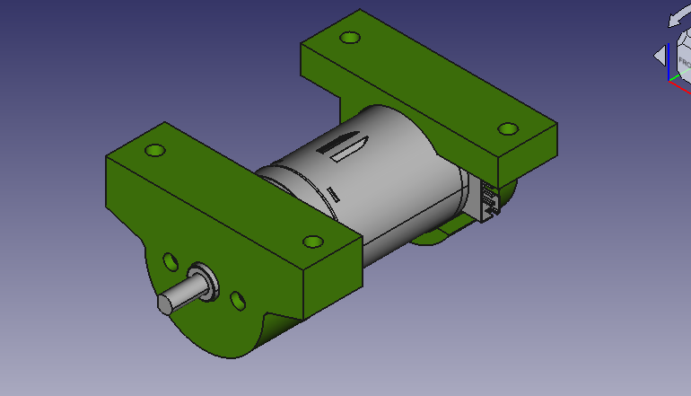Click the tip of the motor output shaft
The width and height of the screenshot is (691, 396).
pos(164,304)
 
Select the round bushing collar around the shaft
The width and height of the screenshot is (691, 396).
pos(204,280)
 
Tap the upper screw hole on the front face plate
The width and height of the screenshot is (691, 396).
pos(170,261)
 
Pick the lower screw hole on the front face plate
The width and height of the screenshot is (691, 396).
pos(238,298)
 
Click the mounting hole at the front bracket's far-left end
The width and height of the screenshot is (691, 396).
pos(156,150)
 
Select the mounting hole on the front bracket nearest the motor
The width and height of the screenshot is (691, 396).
pos(312,242)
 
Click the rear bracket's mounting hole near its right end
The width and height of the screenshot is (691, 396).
pos(508,128)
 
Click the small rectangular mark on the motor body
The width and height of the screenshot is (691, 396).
pos(333,193)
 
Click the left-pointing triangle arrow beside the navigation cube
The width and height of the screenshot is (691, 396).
pos(660,56)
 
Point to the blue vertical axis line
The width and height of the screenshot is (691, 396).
pos(669,63)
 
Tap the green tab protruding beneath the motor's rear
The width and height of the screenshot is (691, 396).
pos(440,236)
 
